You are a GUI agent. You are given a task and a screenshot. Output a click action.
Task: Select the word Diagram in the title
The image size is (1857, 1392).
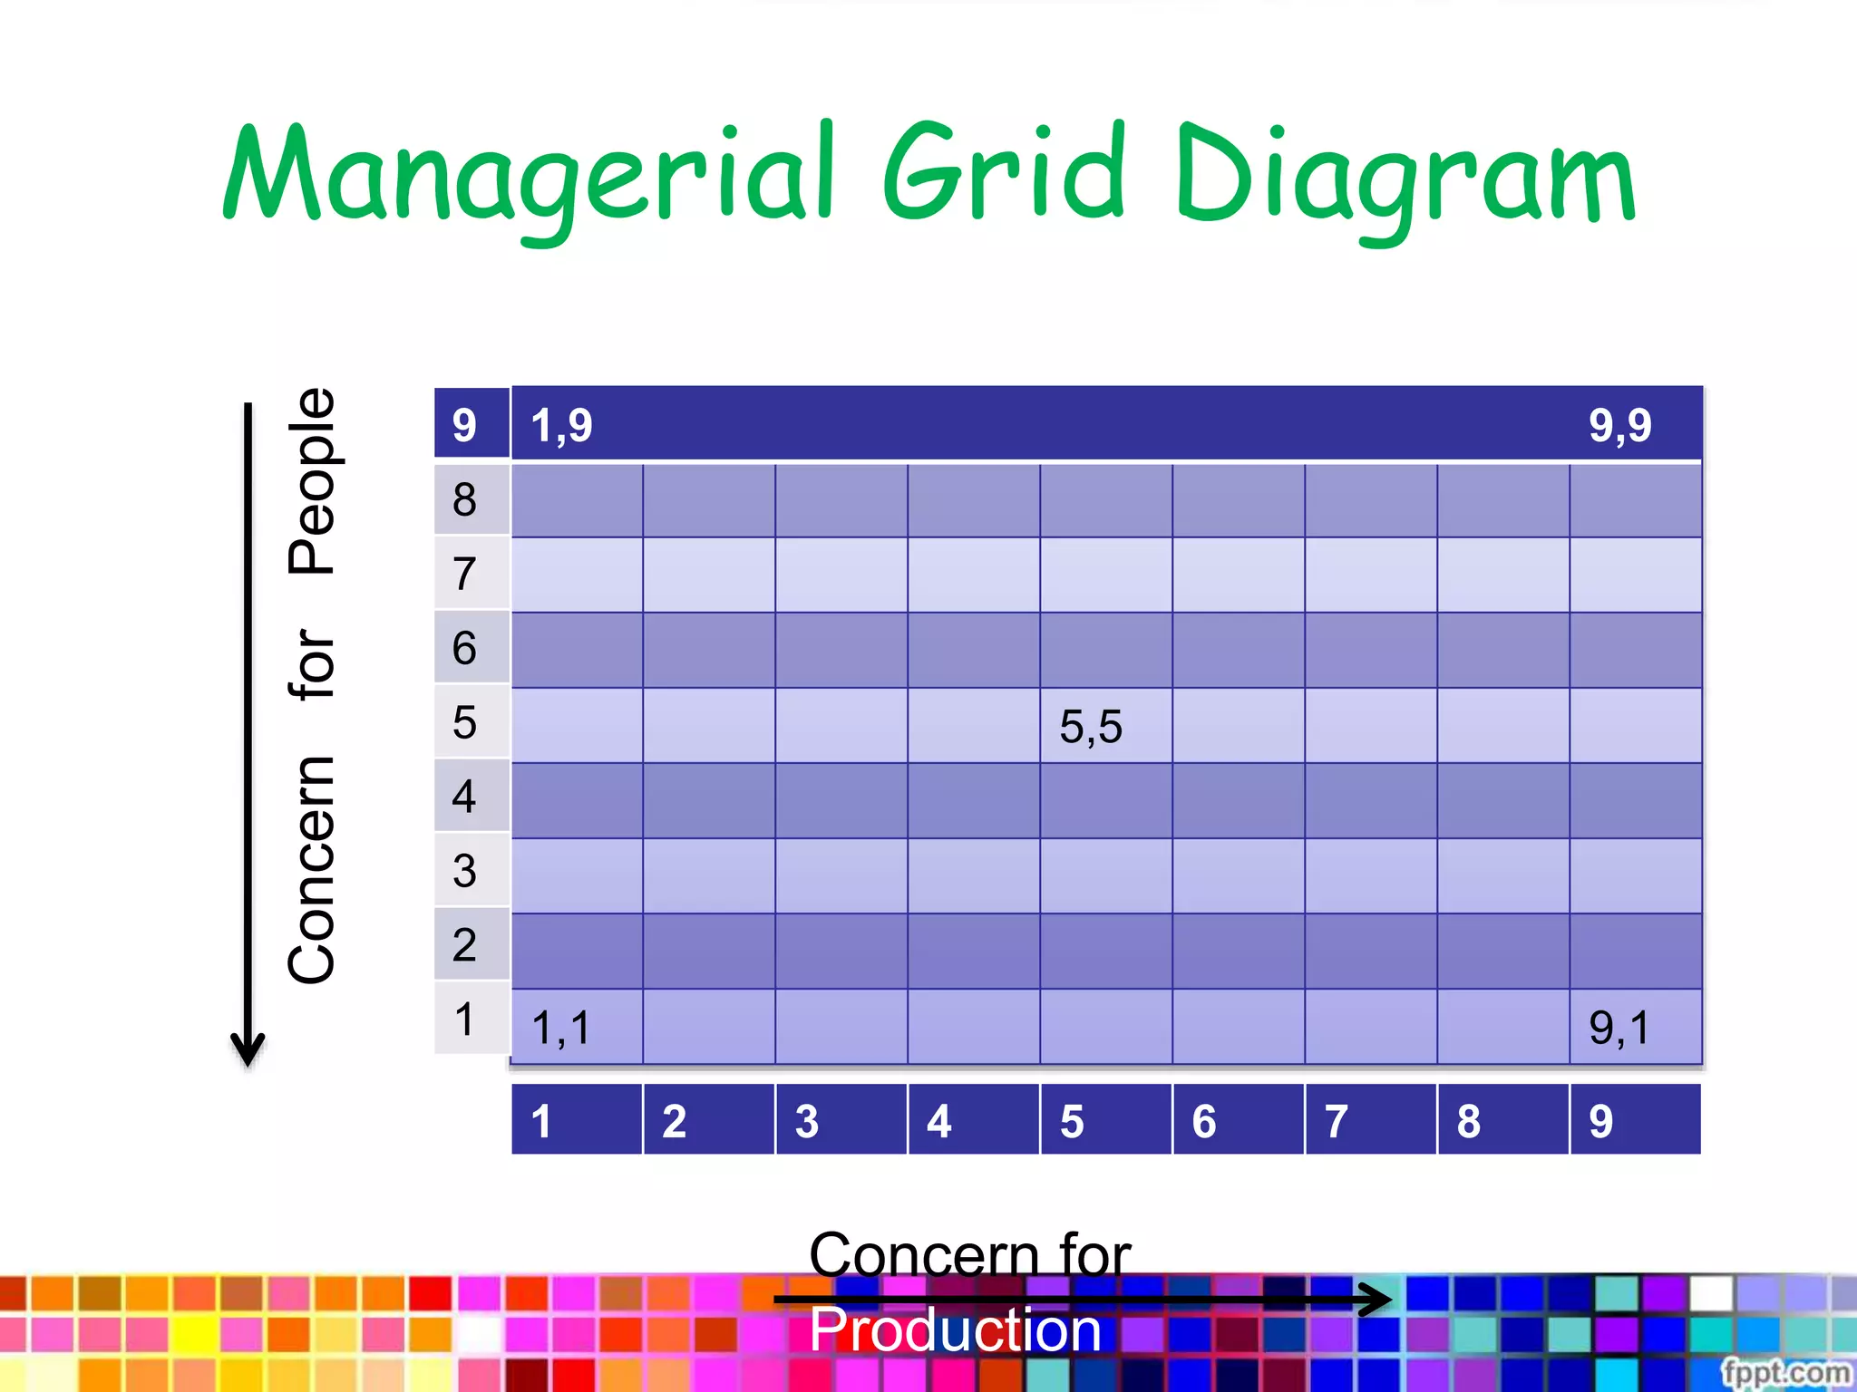coord(1405,177)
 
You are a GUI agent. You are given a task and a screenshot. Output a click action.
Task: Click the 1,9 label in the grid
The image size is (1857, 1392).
coord(561,425)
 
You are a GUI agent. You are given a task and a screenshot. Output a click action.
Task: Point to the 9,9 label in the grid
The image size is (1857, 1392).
coord(1619,425)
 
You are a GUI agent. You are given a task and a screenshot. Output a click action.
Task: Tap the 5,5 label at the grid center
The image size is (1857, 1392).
coord(1091,727)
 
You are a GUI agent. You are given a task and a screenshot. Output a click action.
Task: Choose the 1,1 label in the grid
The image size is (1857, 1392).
coord(561,1028)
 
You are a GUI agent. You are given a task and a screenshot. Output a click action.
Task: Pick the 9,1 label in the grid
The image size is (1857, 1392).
coord(1619,1028)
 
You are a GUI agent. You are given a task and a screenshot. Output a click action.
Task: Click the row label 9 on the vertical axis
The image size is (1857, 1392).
coord(464,425)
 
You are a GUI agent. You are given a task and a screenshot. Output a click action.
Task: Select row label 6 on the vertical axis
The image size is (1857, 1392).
coord(464,648)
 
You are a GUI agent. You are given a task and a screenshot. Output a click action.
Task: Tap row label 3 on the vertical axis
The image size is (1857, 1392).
coord(464,871)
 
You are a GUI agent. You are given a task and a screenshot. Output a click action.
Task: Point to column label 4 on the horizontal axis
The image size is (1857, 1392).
coord(938,1121)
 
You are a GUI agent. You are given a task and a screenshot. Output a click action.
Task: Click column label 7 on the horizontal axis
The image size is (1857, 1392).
coord(1336,1121)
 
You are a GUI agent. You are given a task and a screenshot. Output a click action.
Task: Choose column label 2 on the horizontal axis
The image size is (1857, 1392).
coord(674,1121)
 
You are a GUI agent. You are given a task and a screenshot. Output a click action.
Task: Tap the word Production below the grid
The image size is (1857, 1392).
coord(955,1329)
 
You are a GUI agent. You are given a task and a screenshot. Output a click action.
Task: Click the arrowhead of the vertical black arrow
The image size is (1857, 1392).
coord(248,1051)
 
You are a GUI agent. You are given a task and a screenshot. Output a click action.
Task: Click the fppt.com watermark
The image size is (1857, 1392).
coord(1785,1372)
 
